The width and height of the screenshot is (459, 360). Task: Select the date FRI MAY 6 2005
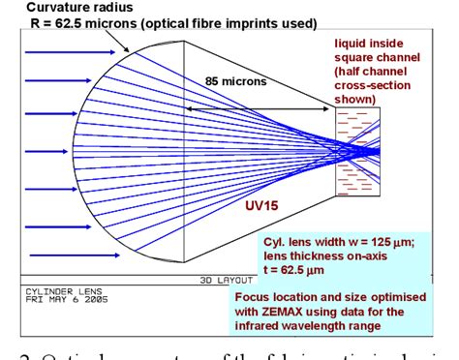coord(56,300)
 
